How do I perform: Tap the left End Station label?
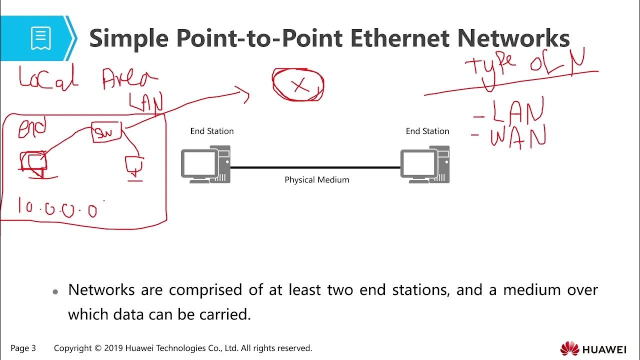tap(211, 131)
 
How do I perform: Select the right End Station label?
tap(427, 131)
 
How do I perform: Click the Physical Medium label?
tap(316, 179)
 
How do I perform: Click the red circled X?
tap(298, 85)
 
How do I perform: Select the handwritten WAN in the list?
tap(517, 135)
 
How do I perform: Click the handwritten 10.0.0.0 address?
tap(57, 207)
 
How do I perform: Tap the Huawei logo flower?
tap(569, 348)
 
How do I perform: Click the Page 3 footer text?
tap(23, 348)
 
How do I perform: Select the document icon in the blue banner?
tap(40, 38)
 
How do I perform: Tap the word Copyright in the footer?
tap(72, 348)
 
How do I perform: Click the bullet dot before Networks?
tap(56, 291)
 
